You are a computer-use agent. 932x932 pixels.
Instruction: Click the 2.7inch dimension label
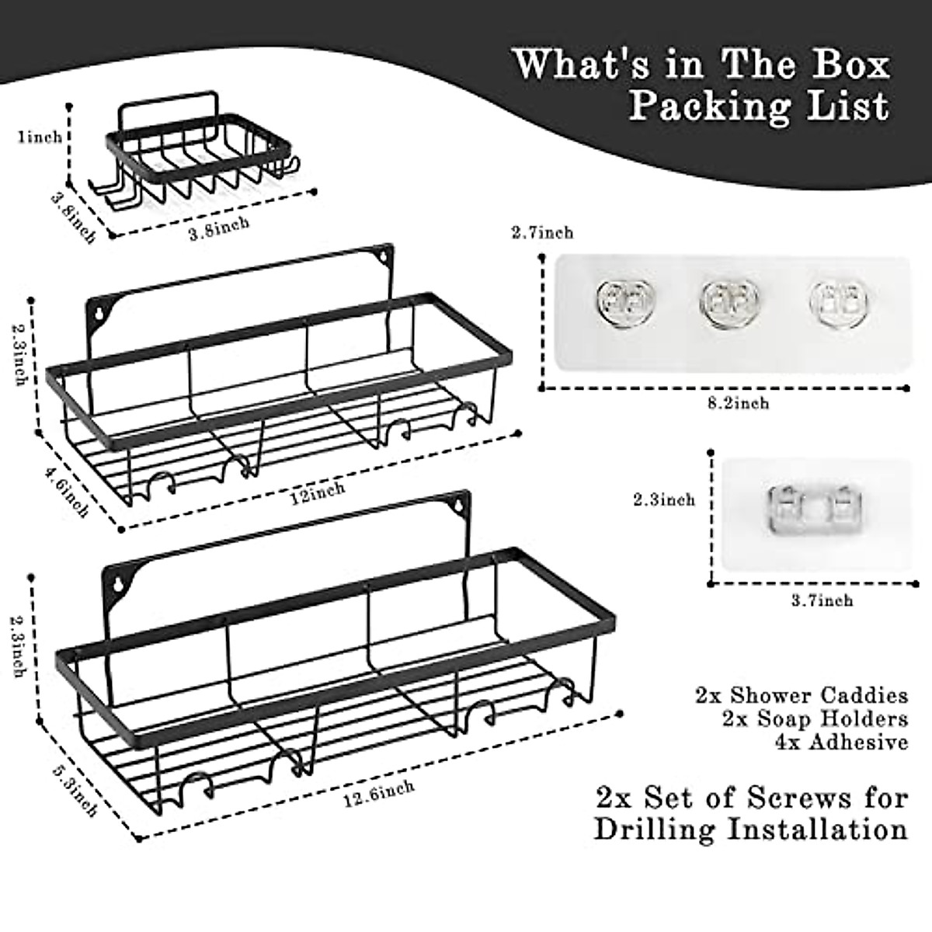(542, 232)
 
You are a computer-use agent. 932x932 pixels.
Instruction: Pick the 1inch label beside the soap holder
(40, 137)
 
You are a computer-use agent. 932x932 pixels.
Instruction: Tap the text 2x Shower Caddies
(802, 695)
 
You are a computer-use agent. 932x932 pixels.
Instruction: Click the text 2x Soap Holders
(815, 718)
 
